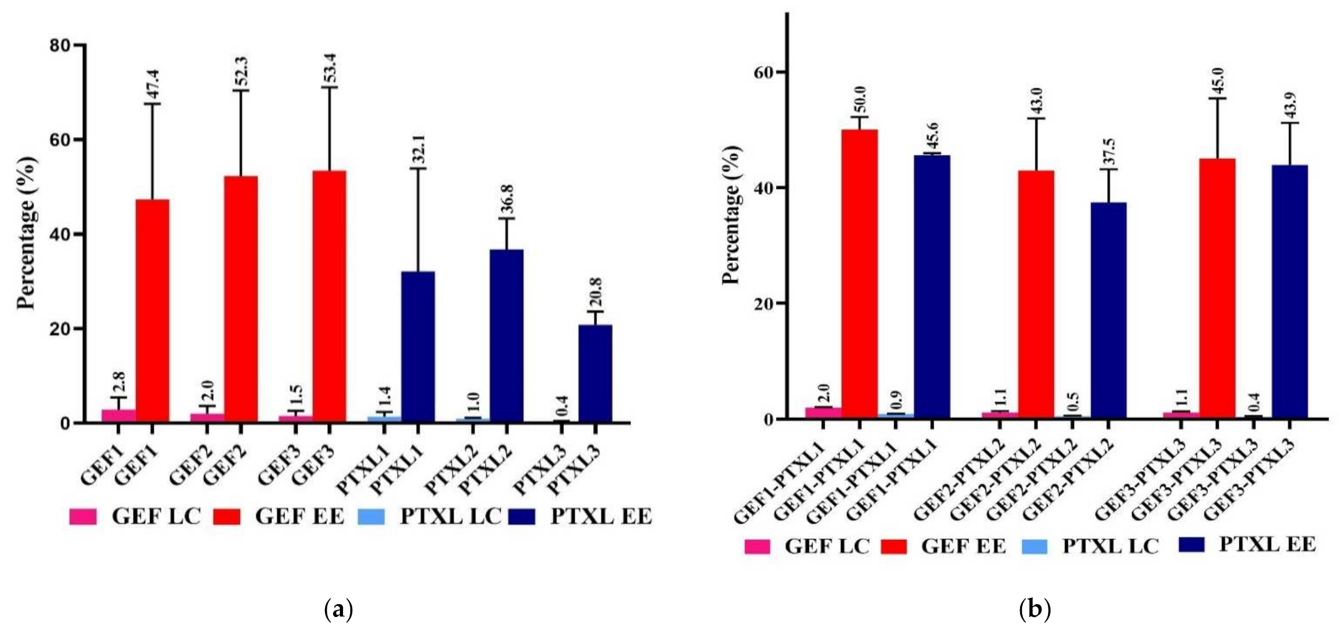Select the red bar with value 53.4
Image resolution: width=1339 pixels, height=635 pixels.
pos(329,297)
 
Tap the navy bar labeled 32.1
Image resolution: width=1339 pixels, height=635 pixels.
pos(418,347)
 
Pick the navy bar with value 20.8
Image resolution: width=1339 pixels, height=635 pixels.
pos(595,373)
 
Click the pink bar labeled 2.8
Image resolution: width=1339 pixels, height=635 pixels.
pos(119,416)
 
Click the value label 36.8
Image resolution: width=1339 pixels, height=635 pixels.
pos(508,199)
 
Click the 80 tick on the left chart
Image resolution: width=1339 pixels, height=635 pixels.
pos(62,46)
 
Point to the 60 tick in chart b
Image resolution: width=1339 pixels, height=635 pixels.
pos(764,72)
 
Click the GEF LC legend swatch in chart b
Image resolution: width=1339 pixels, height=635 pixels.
pos(758,547)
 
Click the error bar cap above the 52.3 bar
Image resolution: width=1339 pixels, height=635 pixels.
pos(241,91)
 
